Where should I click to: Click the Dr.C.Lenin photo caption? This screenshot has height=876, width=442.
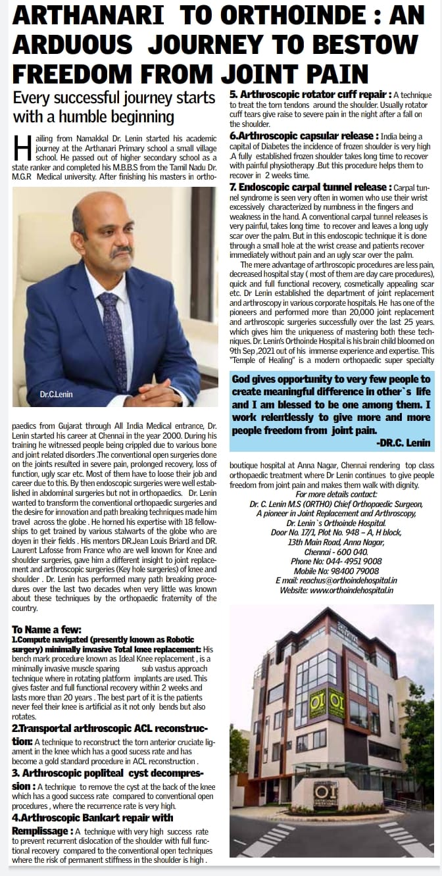tap(56, 395)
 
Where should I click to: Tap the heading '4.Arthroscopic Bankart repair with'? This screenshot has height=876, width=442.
tap(93, 817)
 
